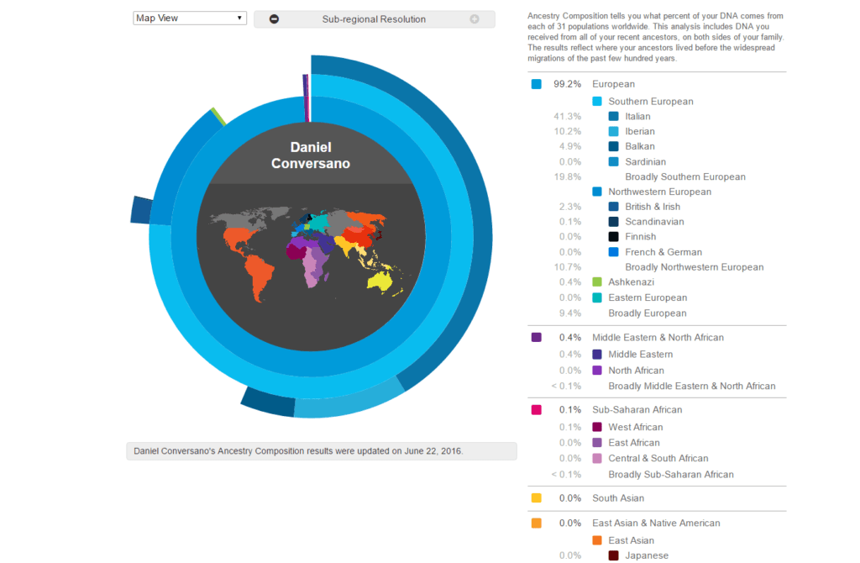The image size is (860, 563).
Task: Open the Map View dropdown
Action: pyautogui.click(x=189, y=18)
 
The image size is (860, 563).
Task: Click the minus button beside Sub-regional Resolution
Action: pyautogui.click(x=275, y=19)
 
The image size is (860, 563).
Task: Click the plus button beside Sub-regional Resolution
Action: pyautogui.click(x=475, y=19)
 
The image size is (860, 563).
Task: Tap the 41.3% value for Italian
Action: pyautogui.click(x=568, y=117)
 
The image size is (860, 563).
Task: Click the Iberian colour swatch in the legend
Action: pyautogui.click(x=614, y=132)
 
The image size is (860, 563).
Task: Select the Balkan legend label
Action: pyautogui.click(x=640, y=147)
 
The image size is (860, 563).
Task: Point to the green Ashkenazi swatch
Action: pyautogui.click(x=598, y=282)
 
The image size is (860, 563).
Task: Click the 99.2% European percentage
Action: pyautogui.click(x=566, y=84)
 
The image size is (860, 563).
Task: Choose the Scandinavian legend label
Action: pyautogui.click(x=654, y=222)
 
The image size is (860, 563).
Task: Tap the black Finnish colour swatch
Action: pyautogui.click(x=614, y=237)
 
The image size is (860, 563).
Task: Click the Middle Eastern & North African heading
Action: pyautogui.click(x=658, y=338)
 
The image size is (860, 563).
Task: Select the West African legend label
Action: pyautogui.click(x=636, y=428)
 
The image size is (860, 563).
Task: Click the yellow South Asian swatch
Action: pyautogui.click(x=537, y=498)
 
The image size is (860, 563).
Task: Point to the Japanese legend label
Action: pyautogui.click(x=647, y=555)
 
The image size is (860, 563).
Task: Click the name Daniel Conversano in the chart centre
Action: pyautogui.click(x=310, y=155)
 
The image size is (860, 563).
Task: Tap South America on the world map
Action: pyautogui.click(x=260, y=273)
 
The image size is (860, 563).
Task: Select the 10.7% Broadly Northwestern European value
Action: pyautogui.click(x=568, y=267)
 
